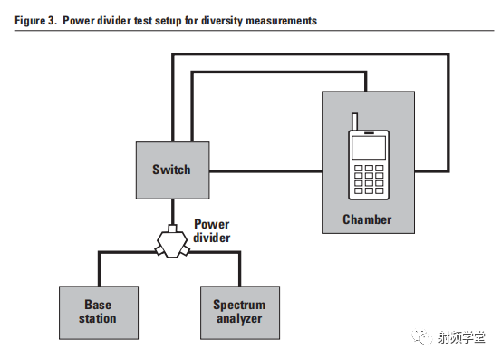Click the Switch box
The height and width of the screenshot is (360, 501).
pyautogui.click(x=171, y=170)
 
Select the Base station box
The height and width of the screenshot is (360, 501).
pyautogui.click(x=98, y=311)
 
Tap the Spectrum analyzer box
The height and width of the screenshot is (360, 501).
pyautogui.click(x=239, y=311)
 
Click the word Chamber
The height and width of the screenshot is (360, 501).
pyautogui.click(x=367, y=219)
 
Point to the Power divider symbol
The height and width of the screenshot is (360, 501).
pyautogui.click(x=171, y=242)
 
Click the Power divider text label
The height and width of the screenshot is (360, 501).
pyautogui.click(x=213, y=230)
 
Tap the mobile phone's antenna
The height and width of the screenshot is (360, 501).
pyautogui.click(x=354, y=122)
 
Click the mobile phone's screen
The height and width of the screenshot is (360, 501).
pyautogui.click(x=368, y=147)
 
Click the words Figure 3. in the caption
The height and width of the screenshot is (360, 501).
pyautogui.click(x=34, y=20)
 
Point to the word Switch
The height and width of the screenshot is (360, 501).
pyautogui.click(x=171, y=170)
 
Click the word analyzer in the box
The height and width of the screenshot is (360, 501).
pyautogui.click(x=239, y=318)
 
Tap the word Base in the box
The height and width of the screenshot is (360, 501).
pyautogui.click(x=98, y=305)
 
